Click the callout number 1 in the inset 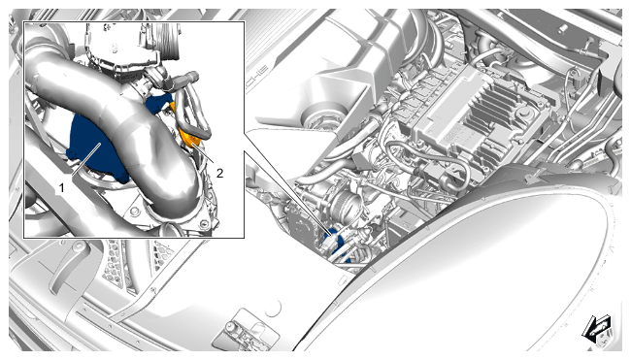pos(61,187)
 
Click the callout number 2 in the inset pos(219,173)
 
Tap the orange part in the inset pos(189,137)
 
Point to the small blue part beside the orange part pos(158,104)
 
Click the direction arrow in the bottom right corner pos(597,328)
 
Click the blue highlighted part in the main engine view pos(335,241)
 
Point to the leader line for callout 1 pos(86,159)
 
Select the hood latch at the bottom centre pos(238,330)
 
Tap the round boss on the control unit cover pos(523,114)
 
